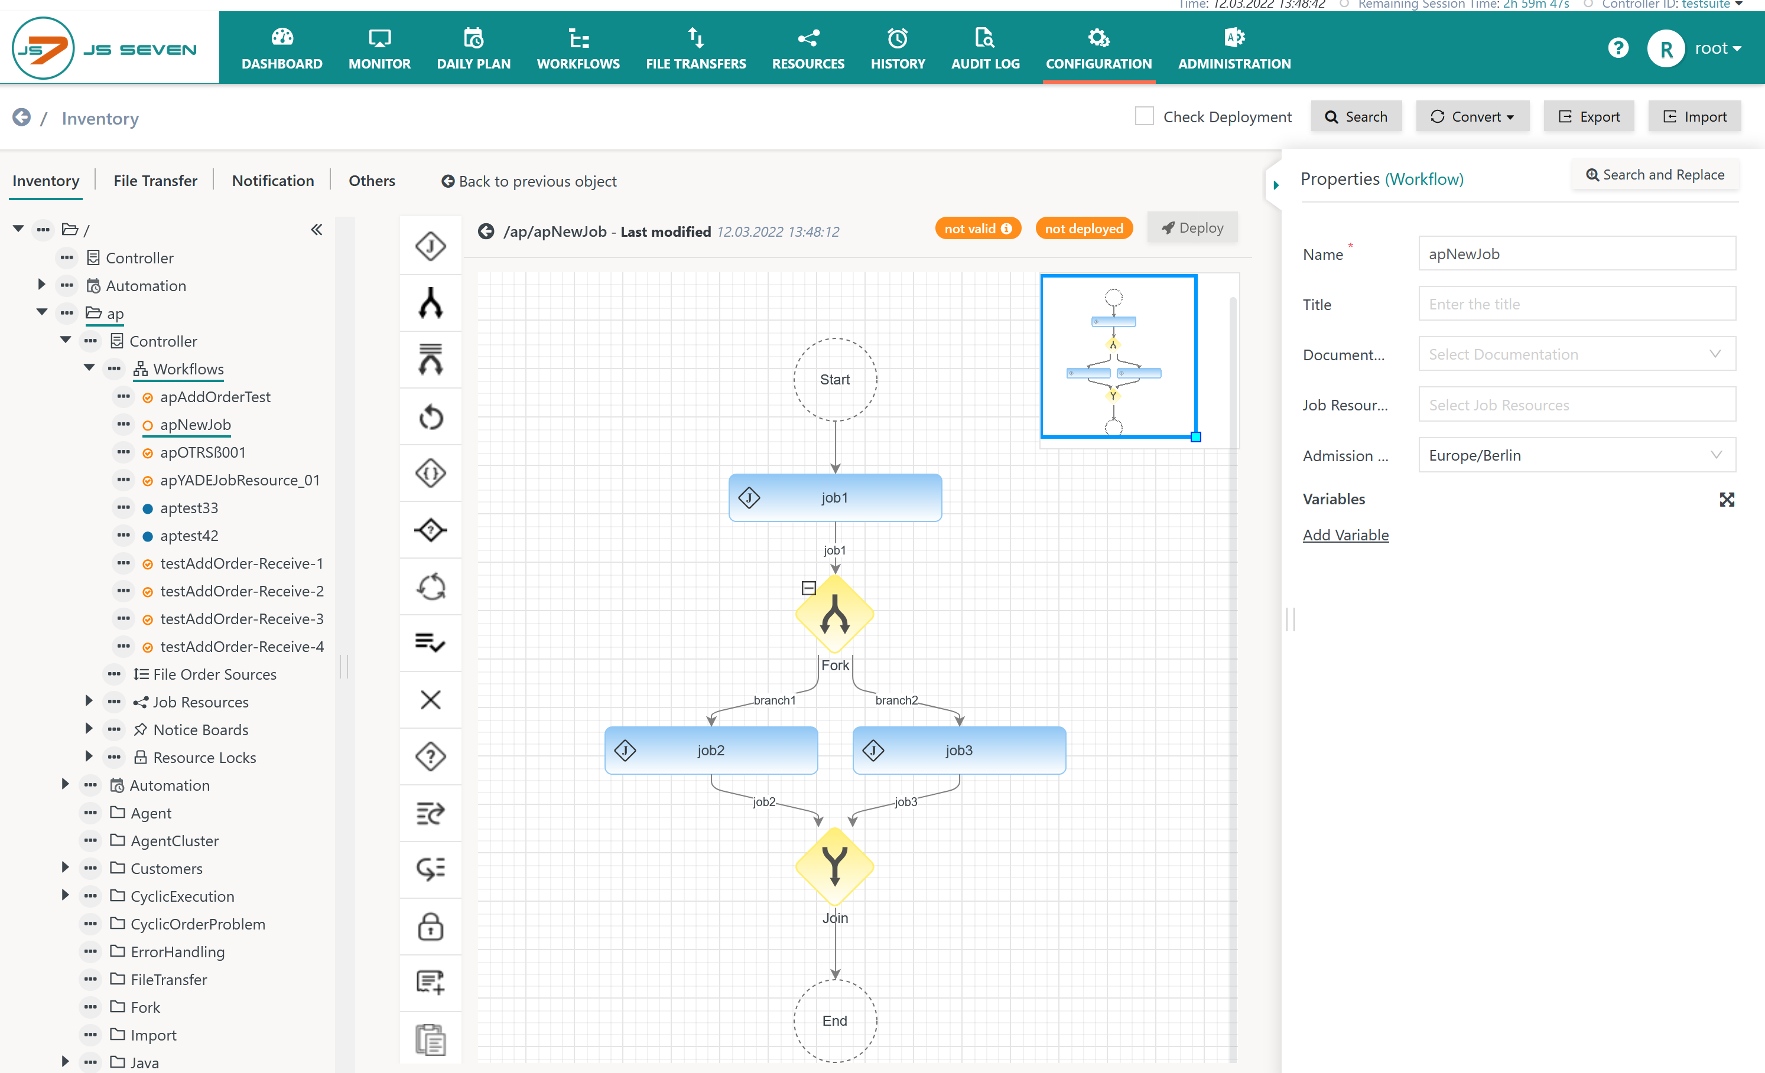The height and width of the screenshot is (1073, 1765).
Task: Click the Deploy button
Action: point(1192,229)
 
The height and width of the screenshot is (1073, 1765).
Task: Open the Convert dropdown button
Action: point(1472,117)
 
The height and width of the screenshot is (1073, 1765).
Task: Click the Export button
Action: point(1589,117)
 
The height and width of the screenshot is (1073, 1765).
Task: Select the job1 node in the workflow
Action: point(835,497)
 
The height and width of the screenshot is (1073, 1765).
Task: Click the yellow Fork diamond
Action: point(834,614)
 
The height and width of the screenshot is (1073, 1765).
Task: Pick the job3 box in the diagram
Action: point(959,750)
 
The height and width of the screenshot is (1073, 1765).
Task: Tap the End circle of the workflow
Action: point(835,1021)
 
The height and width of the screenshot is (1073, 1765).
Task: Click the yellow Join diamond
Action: point(834,867)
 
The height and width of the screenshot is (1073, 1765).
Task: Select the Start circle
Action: point(835,379)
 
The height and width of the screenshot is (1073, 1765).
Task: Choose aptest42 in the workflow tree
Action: point(189,536)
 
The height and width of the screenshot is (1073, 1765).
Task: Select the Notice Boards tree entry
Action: point(200,729)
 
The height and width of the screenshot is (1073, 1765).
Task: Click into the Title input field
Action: point(1577,304)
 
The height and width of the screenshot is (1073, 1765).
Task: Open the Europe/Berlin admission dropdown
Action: point(1577,455)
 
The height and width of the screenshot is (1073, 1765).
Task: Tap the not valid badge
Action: point(978,229)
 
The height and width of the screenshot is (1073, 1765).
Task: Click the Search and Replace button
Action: point(1656,175)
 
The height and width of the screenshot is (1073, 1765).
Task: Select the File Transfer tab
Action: point(155,180)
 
